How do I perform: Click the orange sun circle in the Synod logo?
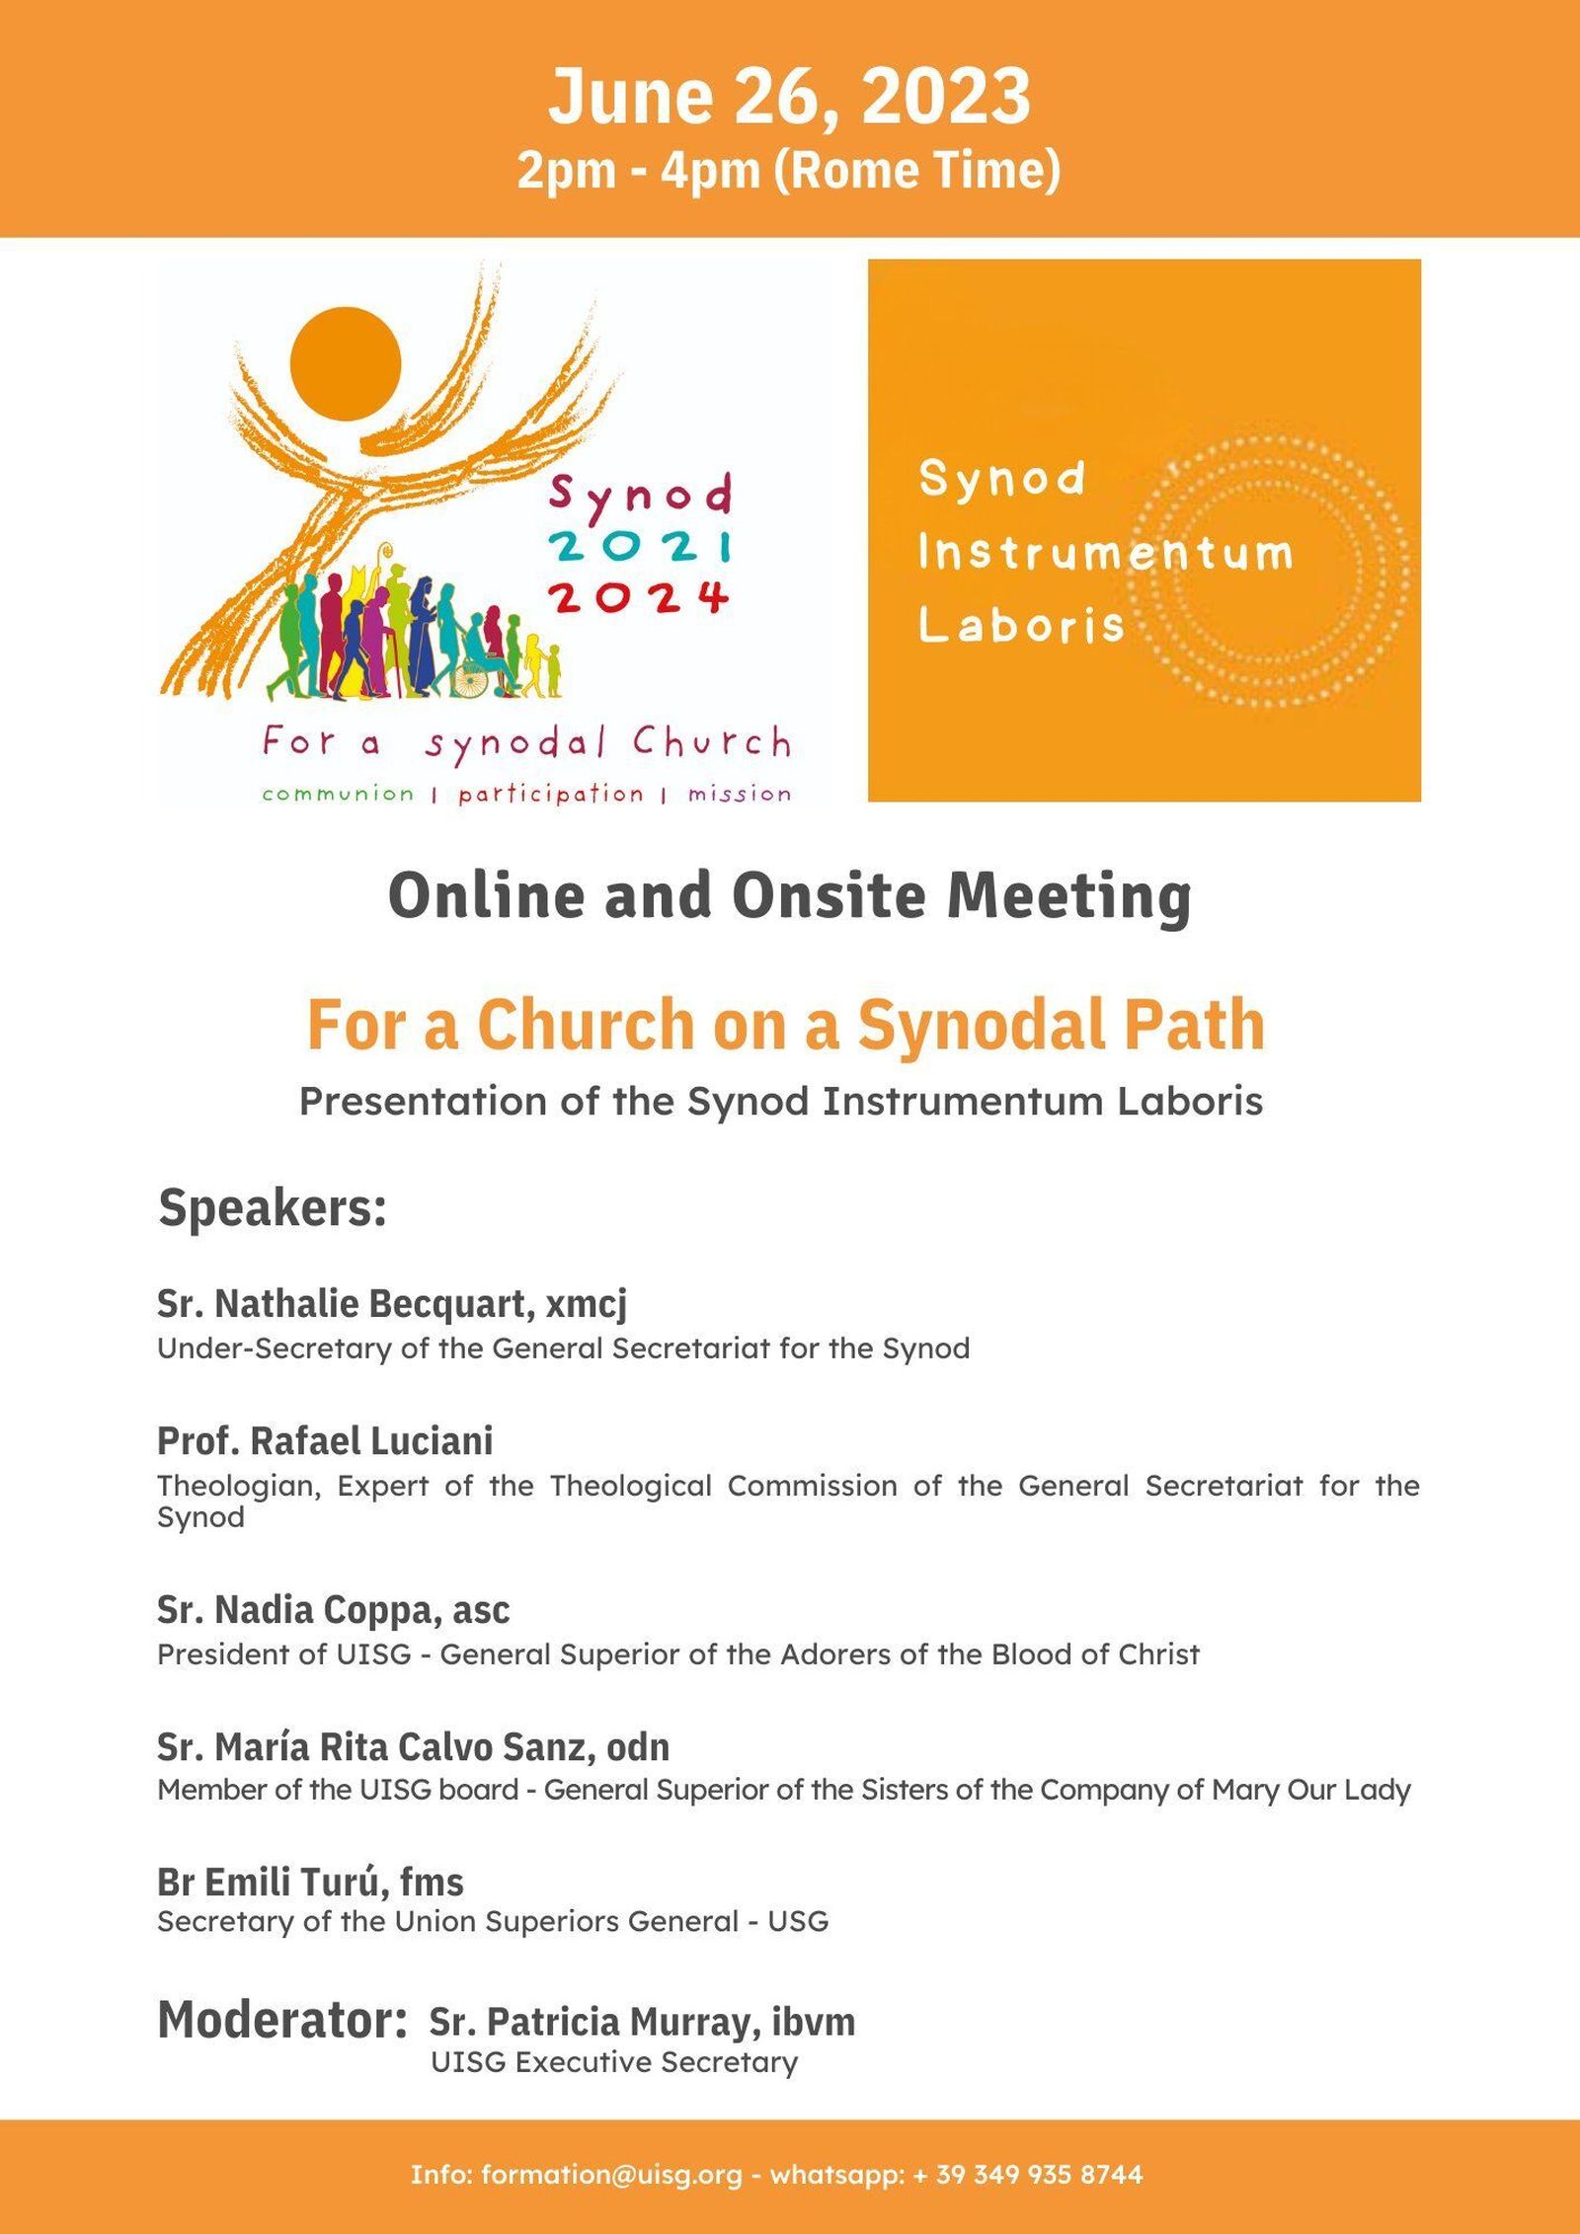[346, 363]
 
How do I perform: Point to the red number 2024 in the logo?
[639, 596]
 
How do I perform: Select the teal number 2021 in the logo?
[641, 545]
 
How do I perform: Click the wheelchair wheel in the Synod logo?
[471, 679]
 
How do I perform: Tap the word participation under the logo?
[550, 795]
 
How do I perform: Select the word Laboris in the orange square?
[1021, 625]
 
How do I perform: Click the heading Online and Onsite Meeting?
[789, 895]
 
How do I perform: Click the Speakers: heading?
[273, 1207]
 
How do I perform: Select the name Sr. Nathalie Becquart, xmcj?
[392, 1303]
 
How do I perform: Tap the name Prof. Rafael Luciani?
[325, 1440]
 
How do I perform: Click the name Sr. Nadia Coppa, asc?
[334, 1609]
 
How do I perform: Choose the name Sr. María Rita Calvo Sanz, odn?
[413, 1746]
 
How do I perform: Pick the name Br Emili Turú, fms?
[310, 1882]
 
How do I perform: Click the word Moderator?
[282, 2019]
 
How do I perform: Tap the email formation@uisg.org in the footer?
[611, 2173]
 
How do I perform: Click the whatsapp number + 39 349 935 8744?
[1028, 2173]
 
